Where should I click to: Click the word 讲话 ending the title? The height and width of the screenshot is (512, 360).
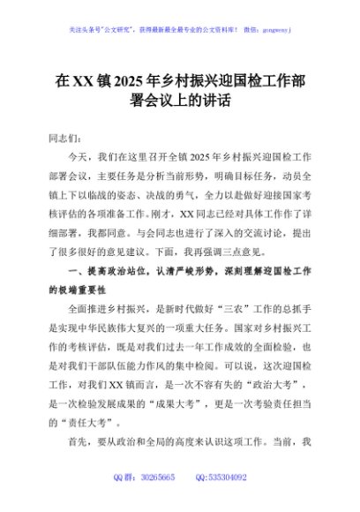(216, 101)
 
